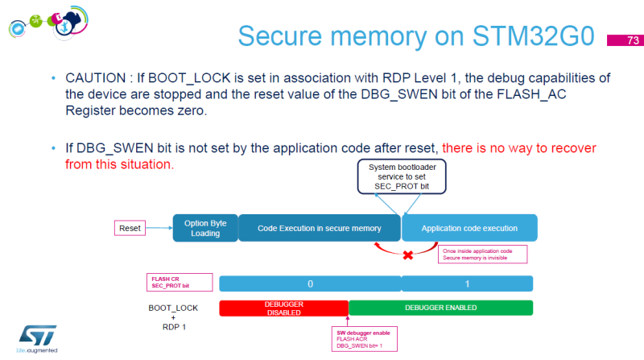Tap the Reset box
[x=130, y=228]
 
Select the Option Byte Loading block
[x=205, y=228]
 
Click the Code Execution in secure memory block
[x=319, y=228]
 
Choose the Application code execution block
[x=469, y=228]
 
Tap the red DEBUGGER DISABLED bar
[x=283, y=307]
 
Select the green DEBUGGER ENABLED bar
[x=440, y=307]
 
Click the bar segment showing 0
[x=310, y=283]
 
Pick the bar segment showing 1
[x=467, y=283]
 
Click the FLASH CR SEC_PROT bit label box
[x=180, y=282]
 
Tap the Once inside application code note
[x=481, y=254]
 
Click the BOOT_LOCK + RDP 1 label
[x=173, y=317]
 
